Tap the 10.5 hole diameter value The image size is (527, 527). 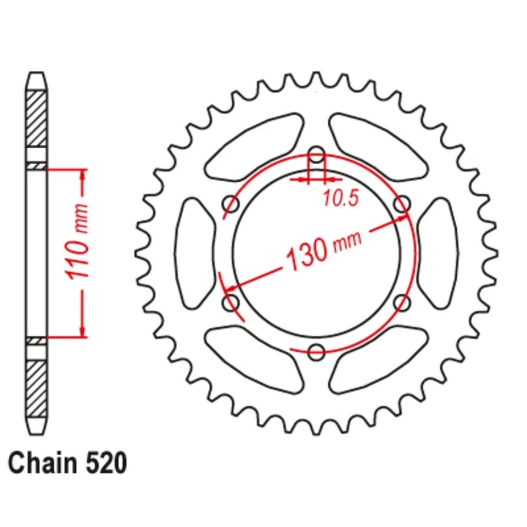pyautogui.click(x=340, y=198)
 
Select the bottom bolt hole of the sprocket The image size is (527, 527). pyautogui.click(x=317, y=351)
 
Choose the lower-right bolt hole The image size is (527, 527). pyautogui.click(x=402, y=302)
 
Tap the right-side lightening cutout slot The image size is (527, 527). pyautogui.click(x=439, y=253)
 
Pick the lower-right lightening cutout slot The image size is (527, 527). pyautogui.click(x=379, y=360)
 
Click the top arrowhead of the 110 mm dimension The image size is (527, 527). pyautogui.click(x=83, y=175)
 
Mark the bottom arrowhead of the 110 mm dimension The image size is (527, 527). pyautogui.click(x=83, y=330)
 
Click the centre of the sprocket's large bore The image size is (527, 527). pyautogui.click(x=317, y=253)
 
